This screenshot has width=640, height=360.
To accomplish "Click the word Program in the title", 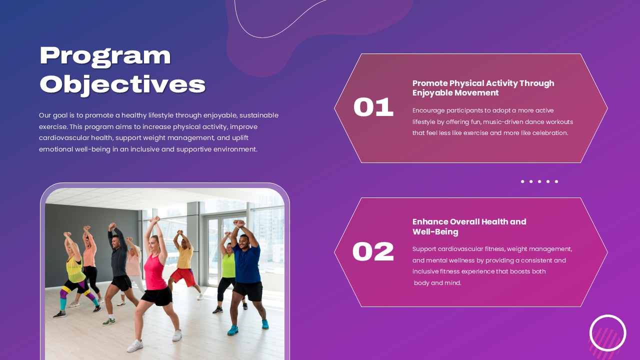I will click(x=105, y=56).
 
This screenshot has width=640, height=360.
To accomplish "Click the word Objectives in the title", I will click(x=122, y=84).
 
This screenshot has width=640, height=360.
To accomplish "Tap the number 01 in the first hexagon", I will click(x=373, y=107).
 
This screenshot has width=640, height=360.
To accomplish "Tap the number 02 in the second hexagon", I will click(x=373, y=252).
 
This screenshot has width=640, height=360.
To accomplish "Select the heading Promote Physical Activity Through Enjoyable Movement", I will click(x=483, y=88).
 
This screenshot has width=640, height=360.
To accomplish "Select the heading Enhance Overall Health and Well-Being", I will click(x=469, y=226).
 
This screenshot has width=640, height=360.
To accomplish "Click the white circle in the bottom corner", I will click(x=607, y=333).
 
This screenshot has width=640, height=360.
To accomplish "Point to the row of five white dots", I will click(x=539, y=181).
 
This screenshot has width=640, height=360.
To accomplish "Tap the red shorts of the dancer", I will click(x=182, y=276).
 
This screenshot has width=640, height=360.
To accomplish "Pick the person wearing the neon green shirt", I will click(x=228, y=267).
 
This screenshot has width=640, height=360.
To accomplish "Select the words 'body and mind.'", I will click(x=437, y=283).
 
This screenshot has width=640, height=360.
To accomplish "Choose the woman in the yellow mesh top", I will click(x=75, y=270).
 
